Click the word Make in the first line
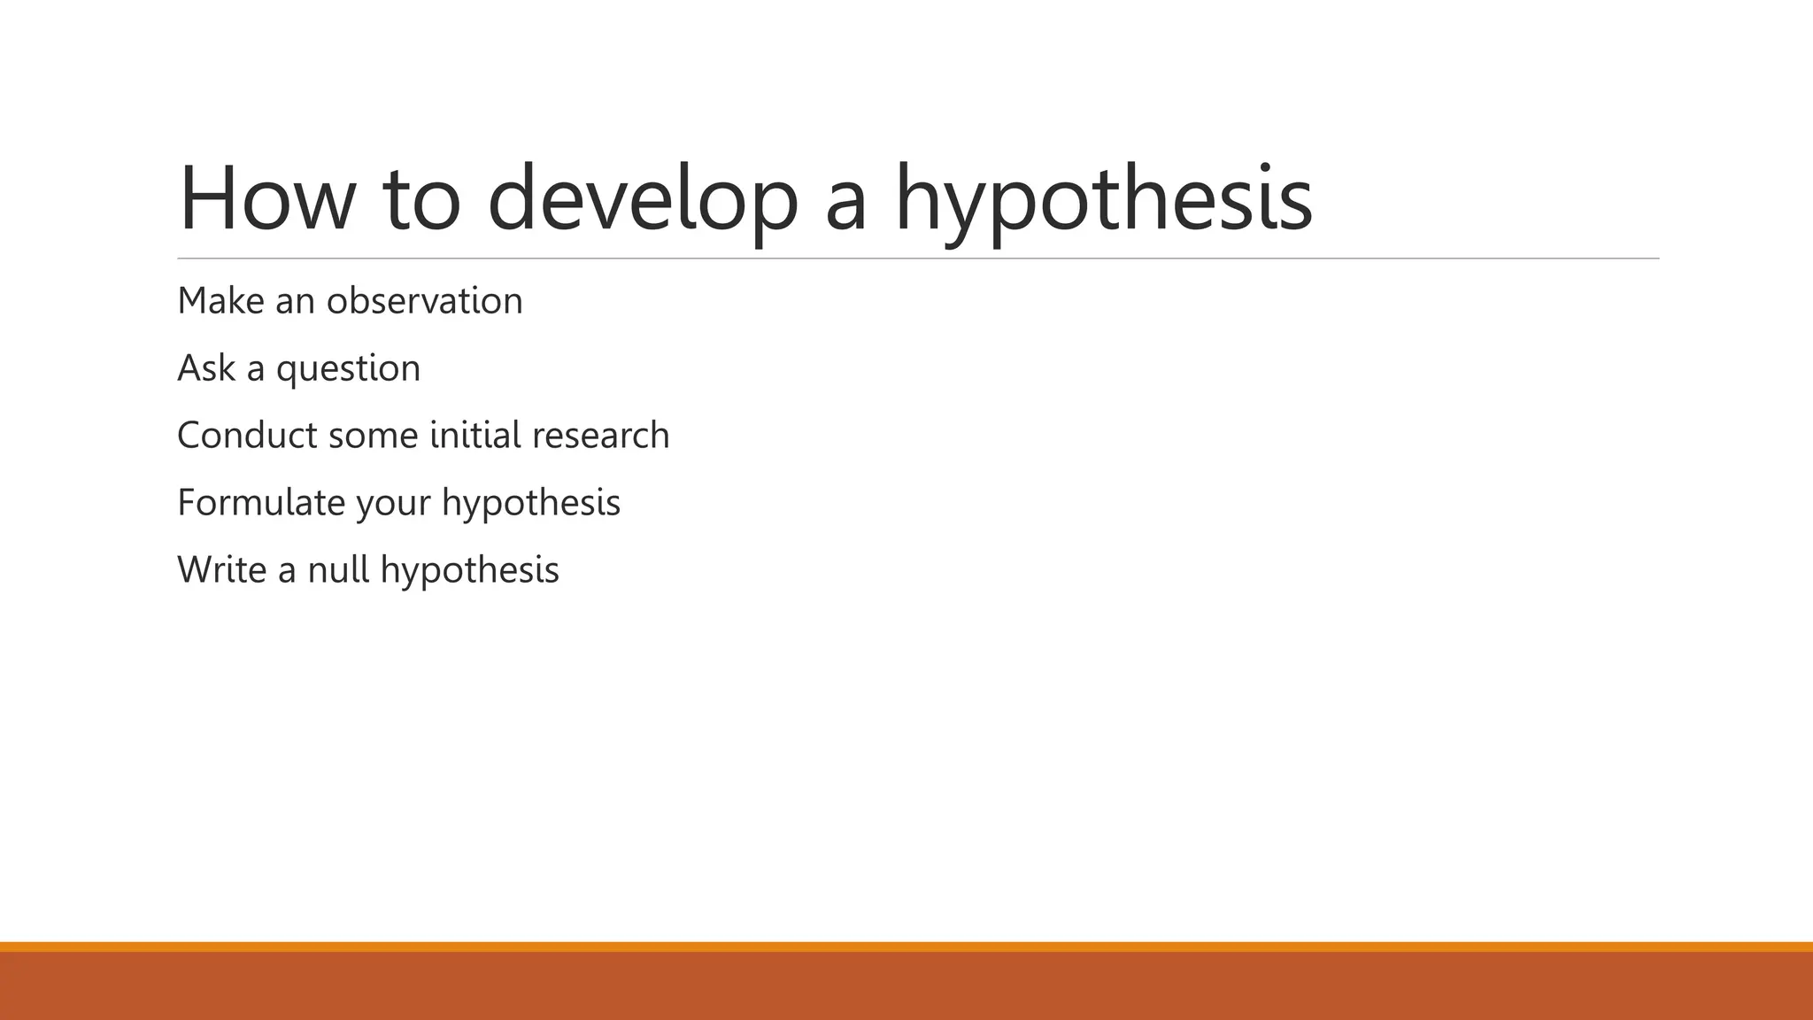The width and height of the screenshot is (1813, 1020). pos(220,301)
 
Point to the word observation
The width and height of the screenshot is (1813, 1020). pos(425,301)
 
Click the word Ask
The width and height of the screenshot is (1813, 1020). pos(206,368)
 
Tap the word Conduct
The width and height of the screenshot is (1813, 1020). pos(247,436)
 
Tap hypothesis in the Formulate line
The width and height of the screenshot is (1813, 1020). pos(531,503)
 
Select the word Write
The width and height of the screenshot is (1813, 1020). pos(221,569)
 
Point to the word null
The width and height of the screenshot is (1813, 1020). pos(338,569)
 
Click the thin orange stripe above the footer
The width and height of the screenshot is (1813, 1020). pos(906,947)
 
